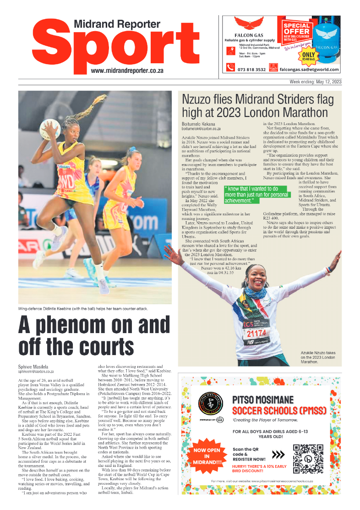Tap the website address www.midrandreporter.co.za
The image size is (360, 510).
tap(127, 71)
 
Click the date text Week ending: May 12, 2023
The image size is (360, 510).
tap(316, 82)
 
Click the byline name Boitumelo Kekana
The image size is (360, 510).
tap(198, 124)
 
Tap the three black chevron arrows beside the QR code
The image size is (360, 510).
tap(278, 455)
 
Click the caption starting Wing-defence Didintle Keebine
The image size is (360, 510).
tap(83, 308)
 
